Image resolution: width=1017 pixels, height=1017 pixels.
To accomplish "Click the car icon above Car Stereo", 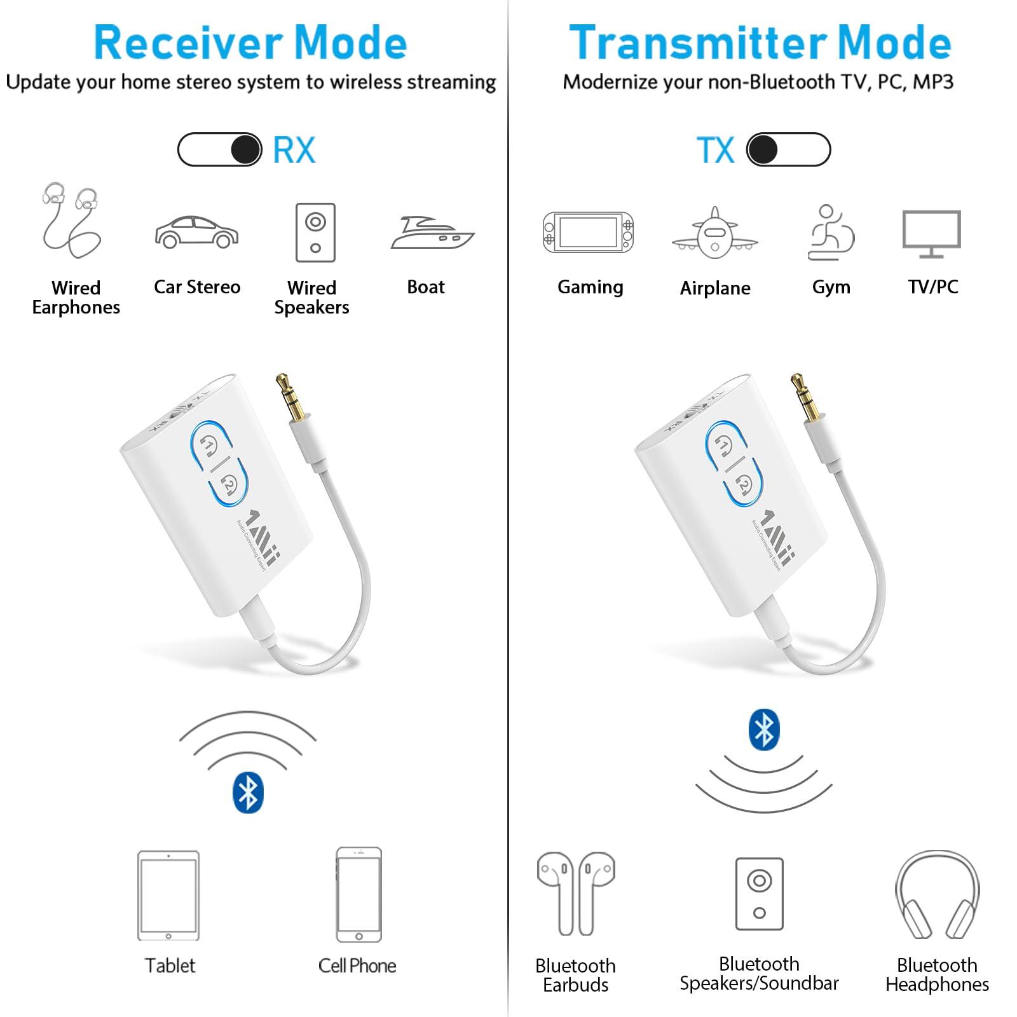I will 196,233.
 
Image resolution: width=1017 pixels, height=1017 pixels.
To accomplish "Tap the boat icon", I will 432,233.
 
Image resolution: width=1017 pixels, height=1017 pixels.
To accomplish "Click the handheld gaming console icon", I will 588,232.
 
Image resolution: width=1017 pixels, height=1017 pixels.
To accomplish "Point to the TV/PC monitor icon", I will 931,233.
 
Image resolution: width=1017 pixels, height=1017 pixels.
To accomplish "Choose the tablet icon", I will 168,896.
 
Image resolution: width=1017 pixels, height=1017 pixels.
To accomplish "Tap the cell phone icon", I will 358,894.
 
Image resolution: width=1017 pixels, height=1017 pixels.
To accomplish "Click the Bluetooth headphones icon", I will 937,896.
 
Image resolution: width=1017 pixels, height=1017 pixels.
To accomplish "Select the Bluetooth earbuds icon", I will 576,893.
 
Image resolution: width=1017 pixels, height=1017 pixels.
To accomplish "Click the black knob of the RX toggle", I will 245,150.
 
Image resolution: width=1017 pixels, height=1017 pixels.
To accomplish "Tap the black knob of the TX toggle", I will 763,150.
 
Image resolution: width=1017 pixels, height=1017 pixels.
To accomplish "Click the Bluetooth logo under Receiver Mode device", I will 248,793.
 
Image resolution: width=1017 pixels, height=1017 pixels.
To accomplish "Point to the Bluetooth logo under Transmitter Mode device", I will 763,729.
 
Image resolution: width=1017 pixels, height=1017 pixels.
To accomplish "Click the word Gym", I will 831,287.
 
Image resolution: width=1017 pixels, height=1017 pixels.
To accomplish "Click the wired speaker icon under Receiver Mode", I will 315,233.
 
